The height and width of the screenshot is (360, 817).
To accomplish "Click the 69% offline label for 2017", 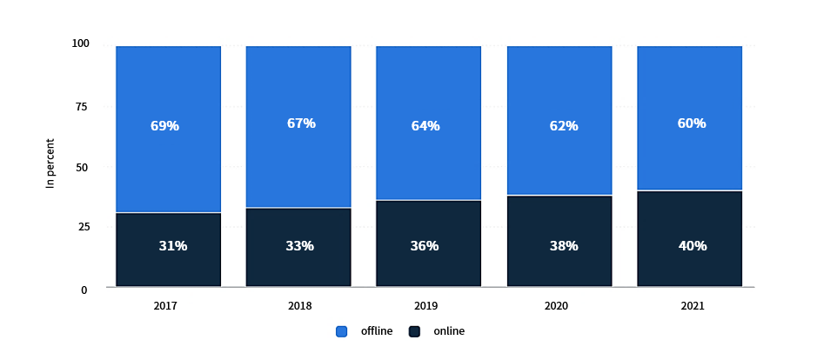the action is pos(164,126).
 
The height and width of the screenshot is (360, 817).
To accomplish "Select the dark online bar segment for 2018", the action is pos(298,247).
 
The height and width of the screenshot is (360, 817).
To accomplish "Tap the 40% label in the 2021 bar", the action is pos(693,246).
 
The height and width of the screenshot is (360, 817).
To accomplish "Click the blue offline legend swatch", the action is pos(342,331).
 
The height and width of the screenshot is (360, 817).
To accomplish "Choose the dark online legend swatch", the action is pos(415,331).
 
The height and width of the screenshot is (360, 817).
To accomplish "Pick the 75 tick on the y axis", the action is pos(81,107).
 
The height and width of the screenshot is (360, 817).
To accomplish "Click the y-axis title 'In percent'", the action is pos(50,163).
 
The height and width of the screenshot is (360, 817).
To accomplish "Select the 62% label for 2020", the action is pos(564,126).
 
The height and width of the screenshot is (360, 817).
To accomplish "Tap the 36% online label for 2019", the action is pos(424,246).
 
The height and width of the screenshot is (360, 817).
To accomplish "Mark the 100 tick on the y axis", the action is pos(80,43).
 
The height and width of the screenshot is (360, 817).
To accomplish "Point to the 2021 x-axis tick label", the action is pos(692,306).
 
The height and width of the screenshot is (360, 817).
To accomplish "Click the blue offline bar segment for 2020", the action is pos(559,120).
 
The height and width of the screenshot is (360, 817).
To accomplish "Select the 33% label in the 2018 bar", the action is pos(299,246).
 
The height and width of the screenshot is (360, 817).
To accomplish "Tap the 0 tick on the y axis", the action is pos(84,290).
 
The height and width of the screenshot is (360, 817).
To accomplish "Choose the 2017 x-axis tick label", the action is pos(165,306).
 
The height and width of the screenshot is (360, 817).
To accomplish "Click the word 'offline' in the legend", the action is pos(377,330).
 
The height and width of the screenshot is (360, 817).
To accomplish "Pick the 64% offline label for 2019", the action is pos(425,126).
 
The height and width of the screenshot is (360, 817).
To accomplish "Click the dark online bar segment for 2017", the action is pos(168,250).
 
